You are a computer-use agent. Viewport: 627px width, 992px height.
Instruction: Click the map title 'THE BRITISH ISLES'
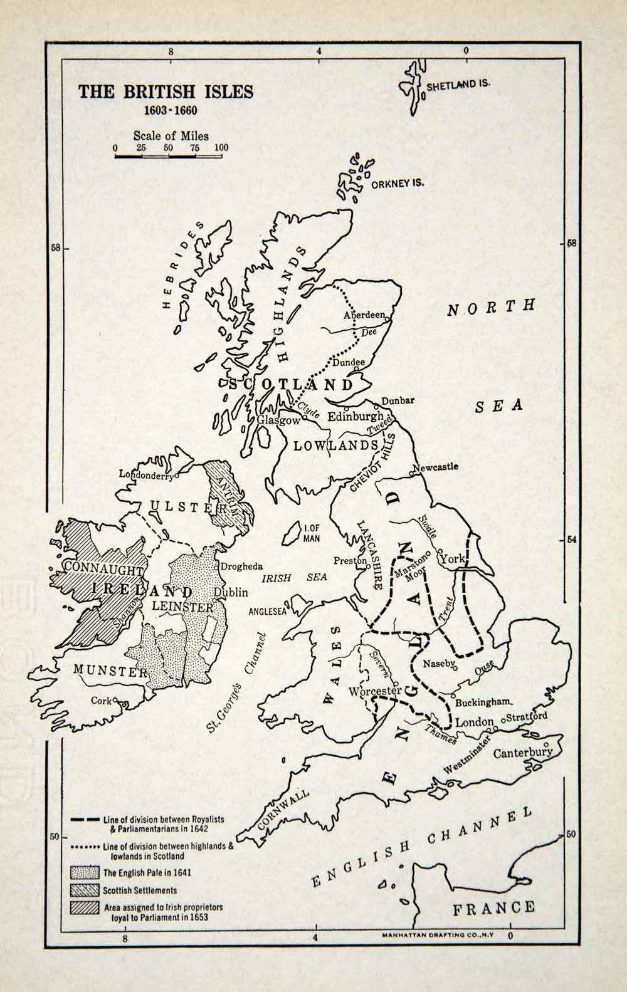(166, 91)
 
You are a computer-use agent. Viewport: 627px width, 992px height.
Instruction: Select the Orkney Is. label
(397, 184)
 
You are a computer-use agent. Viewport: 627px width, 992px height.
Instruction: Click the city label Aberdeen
(364, 316)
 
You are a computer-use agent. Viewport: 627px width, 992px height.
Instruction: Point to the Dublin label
(231, 592)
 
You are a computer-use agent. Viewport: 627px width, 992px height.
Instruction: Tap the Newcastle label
(436, 467)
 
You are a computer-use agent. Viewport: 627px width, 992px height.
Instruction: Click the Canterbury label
(522, 753)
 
